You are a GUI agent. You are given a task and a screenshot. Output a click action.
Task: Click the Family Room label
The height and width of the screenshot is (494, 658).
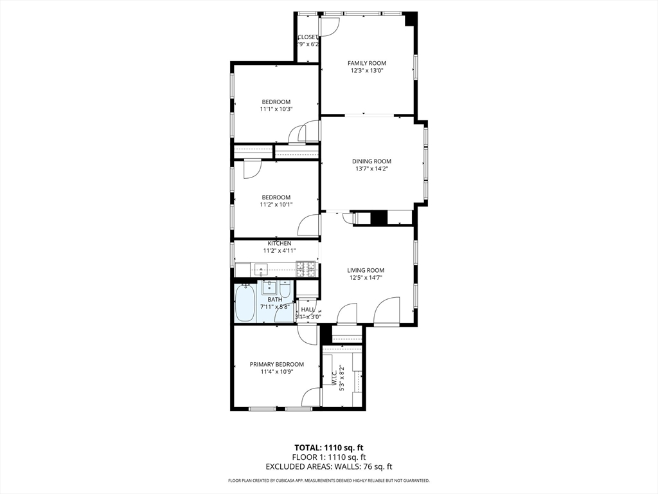(367, 63)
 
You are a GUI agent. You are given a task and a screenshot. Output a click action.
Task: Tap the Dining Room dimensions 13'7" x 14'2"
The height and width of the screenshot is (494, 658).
(371, 169)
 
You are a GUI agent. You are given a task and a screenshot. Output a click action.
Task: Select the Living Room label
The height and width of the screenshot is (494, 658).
(366, 270)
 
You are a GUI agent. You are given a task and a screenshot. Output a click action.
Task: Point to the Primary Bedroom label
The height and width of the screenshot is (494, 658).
(276, 364)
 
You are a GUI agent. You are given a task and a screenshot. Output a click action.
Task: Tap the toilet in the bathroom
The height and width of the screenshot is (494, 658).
(285, 290)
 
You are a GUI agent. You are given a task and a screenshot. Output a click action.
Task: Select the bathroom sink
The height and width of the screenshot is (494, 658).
(269, 287)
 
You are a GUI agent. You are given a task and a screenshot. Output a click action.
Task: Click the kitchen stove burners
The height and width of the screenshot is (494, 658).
(307, 266)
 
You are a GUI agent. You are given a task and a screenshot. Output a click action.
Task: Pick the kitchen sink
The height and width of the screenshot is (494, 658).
(265, 270)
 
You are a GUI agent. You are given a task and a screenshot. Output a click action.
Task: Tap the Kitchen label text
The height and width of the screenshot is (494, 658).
(280, 243)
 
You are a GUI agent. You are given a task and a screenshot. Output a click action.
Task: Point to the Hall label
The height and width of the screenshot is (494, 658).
(307, 309)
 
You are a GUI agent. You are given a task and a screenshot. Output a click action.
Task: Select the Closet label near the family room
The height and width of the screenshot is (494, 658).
(308, 37)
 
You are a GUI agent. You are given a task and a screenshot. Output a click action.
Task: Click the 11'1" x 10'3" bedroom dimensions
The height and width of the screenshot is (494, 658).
(276, 109)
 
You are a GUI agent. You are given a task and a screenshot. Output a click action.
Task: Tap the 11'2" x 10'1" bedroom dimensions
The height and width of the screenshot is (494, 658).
(276, 205)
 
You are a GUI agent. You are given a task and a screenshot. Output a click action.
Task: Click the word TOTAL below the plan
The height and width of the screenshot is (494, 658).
(308, 447)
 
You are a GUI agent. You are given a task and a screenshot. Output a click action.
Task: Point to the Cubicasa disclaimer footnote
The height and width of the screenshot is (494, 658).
(328, 480)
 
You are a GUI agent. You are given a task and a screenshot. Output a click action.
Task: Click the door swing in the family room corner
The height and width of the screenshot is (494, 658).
(329, 26)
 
